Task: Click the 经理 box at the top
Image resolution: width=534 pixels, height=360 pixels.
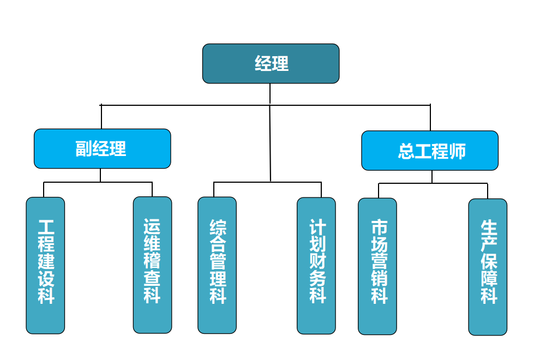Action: click(271, 64)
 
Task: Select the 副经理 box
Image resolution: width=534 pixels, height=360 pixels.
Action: click(102, 148)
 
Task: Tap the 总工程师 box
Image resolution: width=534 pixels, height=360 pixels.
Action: click(430, 151)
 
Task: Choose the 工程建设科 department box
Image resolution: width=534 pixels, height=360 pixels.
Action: click(45, 265)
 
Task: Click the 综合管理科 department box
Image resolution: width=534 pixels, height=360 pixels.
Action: click(217, 265)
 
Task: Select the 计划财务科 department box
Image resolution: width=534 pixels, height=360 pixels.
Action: click(316, 265)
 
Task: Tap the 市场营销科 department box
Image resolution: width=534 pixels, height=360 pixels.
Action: click(377, 266)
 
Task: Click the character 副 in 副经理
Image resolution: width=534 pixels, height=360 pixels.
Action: click(84, 149)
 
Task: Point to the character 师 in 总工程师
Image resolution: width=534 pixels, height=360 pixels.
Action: click(458, 151)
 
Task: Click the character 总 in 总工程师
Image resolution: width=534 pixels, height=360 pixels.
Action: click(406, 151)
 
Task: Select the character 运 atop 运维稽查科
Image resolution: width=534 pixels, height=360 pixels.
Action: click(152, 226)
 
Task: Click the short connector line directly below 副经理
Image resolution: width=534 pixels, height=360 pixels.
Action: click(100, 175)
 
